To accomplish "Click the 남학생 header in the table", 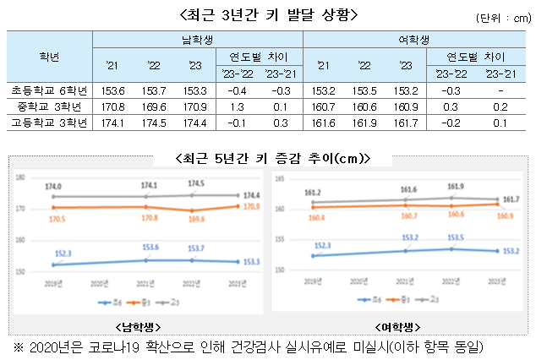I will tap(197, 40).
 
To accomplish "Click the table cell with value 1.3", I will tap(236, 106).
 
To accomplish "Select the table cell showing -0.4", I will tap(236, 90).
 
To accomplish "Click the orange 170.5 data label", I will tap(53, 218).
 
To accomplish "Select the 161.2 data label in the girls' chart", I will tap(313, 193).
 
